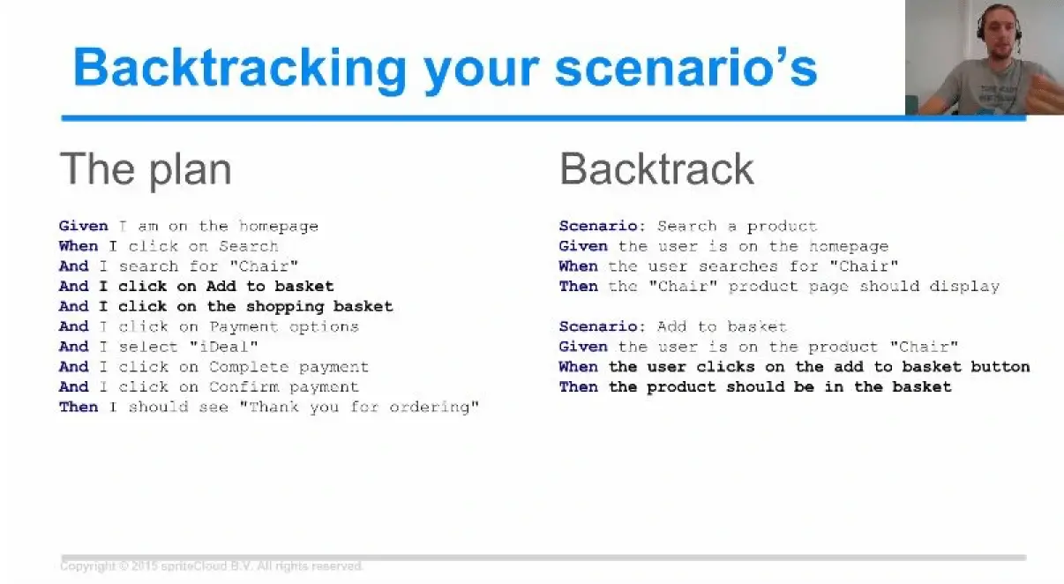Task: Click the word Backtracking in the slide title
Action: tap(240, 69)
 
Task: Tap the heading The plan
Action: tap(146, 169)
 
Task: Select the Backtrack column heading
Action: tap(657, 169)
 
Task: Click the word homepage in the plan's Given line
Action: tap(278, 227)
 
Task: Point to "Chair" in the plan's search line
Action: tap(264, 266)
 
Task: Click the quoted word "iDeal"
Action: tap(224, 347)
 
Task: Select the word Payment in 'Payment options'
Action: tap(244, 327)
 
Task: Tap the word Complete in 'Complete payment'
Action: tap(249, 367)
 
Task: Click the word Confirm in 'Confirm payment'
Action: tap(244, 387)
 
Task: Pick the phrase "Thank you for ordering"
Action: tap(359, 408)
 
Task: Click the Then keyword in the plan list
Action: tap(79, 407)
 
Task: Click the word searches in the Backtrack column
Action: tap(738, 266)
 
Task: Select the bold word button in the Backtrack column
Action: tap(1000, 367)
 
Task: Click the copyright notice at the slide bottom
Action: tap(212, 566)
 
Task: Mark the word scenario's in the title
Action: tap(686, 69)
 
